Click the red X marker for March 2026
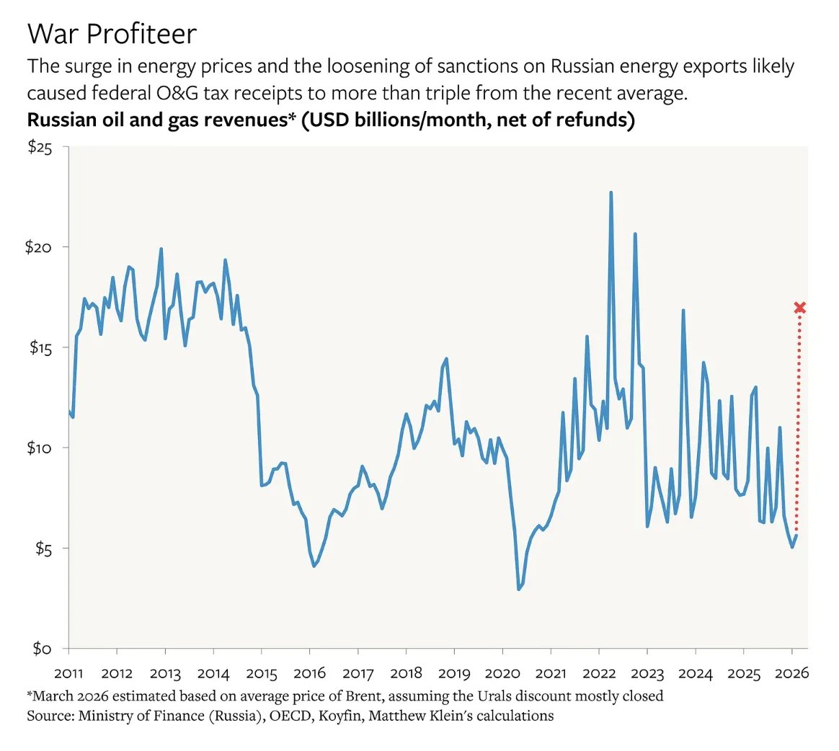click(x=799, y=308)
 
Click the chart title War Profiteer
click(x=112, y=34)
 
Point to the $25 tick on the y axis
click(x=40, y=147)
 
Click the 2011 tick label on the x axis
click(x=68, y=674)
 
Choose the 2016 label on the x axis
click(x=309, y=674)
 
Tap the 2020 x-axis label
click(x=502, y=674)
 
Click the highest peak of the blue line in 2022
click(x=611, y=193)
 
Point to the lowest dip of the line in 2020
click(x=518, y=590)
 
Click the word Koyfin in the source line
click(x=338, y=716)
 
